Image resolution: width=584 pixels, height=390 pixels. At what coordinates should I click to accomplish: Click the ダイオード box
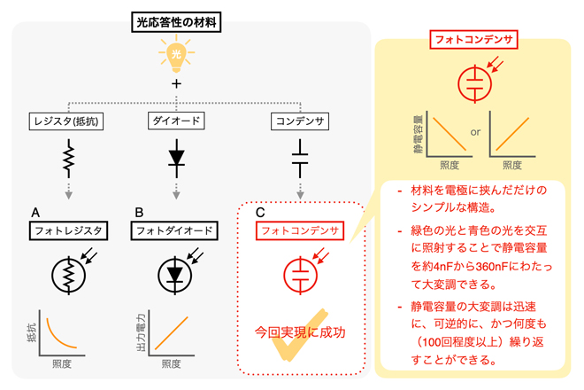coord(176,120)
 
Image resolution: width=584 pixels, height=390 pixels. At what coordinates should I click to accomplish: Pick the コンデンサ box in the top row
coord(301,120)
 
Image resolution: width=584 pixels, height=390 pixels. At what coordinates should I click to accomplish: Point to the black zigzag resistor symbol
coord(66,160)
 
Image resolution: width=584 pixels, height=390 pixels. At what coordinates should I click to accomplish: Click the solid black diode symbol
coord(176,160)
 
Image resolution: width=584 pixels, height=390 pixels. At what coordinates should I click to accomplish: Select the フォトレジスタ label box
coord(68,231)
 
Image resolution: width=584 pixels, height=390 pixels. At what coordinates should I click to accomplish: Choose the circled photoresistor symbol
coord(67,275)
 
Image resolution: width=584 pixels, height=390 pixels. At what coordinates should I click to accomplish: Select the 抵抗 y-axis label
coord(32,330)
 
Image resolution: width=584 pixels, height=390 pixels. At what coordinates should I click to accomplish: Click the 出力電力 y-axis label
coord(140,332)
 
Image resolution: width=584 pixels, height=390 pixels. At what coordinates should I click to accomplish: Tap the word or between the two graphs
coord(475,133)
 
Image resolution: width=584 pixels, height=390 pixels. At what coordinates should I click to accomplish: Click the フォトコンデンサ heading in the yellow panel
coord(473,40)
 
